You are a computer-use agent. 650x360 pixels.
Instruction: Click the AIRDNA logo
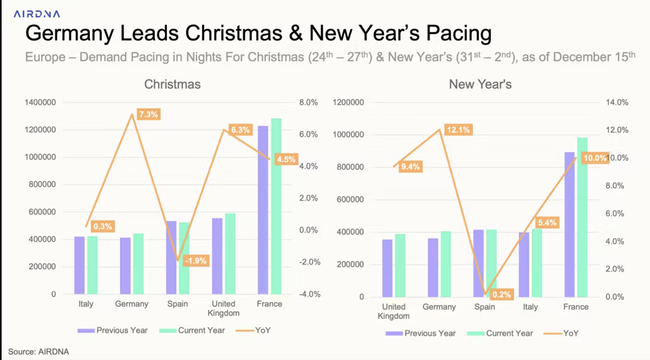tap(37, 14)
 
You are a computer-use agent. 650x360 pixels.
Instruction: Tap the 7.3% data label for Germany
tap(148, 115)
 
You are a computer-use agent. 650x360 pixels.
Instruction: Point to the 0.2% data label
tap(501, 294)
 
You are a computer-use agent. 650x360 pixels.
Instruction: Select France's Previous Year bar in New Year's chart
tap(570, 225)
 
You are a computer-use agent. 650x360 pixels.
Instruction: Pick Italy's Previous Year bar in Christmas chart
tap(80, 265)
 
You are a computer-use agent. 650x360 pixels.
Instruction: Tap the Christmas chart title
tap(172, 85)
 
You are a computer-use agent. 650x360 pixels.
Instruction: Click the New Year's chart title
tap(480, 85)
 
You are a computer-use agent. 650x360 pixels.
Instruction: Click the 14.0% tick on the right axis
tap(617, 102)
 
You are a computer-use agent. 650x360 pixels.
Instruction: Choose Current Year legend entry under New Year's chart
tap(500, 333)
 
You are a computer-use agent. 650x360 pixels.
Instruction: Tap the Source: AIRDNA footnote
tap(39, 352)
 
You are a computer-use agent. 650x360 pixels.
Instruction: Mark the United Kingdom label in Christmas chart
tap(224, 308)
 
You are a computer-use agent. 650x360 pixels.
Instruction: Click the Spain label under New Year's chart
tap(485, 307)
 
